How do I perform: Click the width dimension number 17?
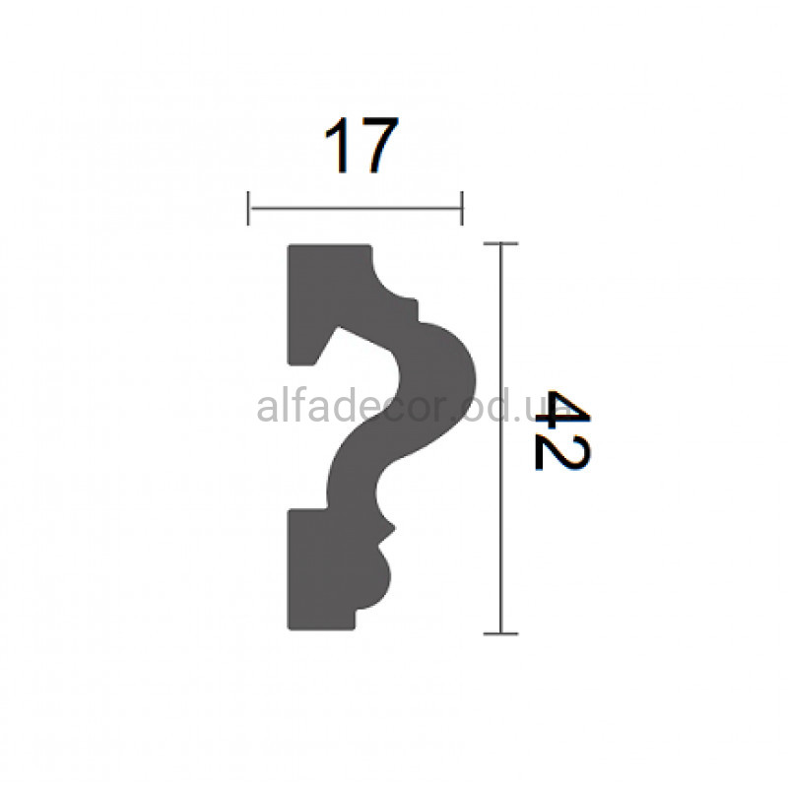pyautogui.click(x=361, y=145)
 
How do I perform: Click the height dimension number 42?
pyautogui.click(x=561, y=430)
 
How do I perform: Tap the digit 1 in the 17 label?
pyautogui.click(x=337, y=145)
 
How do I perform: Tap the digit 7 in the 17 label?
pyautogui.click(x=377, y=145)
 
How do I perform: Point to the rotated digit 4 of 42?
pyautogui.click(x=561, y=409)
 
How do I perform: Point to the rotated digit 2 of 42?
pyautogui.click(x=561, y=454)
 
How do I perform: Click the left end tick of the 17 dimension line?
pyautogui.click(x=248, y=208)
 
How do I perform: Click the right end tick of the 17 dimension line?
pyautogui.click(x=462, y=208)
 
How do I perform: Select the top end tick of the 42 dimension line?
pyautogui.click(x=500, y=243)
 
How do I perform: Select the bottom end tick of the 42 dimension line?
pyautogui.click(x=500, y=633)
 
